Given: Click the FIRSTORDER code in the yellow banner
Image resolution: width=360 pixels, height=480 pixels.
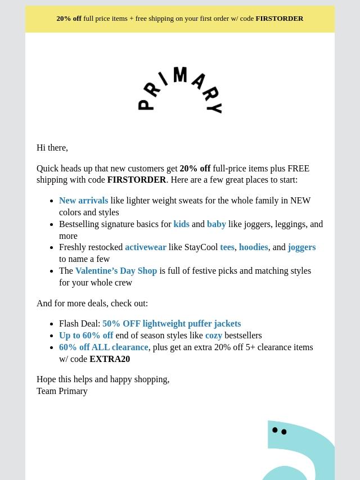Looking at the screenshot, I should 279,19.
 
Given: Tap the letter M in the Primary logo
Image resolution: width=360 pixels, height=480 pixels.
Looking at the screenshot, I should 180,75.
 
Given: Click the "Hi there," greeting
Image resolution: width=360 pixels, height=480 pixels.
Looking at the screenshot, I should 52,148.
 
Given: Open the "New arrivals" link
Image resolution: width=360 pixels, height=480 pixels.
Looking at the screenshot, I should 83,201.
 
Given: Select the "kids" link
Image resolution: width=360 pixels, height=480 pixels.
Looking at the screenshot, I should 181,224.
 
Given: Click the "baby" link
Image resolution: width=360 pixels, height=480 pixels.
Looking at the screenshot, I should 217,224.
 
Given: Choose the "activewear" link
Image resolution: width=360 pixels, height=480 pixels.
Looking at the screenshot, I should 145,247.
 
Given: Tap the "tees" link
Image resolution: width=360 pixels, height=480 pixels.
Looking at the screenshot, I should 227,247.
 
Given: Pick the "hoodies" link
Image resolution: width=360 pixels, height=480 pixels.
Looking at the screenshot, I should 253,247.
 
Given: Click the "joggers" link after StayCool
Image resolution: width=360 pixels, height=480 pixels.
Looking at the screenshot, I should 301,247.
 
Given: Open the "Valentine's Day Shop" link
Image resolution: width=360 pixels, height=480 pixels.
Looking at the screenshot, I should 116,271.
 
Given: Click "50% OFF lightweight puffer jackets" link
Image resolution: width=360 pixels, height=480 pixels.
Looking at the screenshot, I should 172,324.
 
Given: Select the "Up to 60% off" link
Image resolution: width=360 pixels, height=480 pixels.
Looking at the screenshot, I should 86,336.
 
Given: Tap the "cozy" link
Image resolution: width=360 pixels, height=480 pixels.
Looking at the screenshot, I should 214,336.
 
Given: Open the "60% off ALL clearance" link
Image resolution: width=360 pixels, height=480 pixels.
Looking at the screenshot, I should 103,347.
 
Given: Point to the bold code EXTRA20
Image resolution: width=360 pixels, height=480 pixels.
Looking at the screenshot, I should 110,359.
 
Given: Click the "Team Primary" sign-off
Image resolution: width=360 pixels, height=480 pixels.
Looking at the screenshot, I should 62,391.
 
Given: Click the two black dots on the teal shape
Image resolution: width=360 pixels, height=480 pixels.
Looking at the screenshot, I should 280,431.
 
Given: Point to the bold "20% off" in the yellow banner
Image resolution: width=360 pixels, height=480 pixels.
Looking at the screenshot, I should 69,19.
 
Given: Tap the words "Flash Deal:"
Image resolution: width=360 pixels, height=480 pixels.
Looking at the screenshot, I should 79,324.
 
